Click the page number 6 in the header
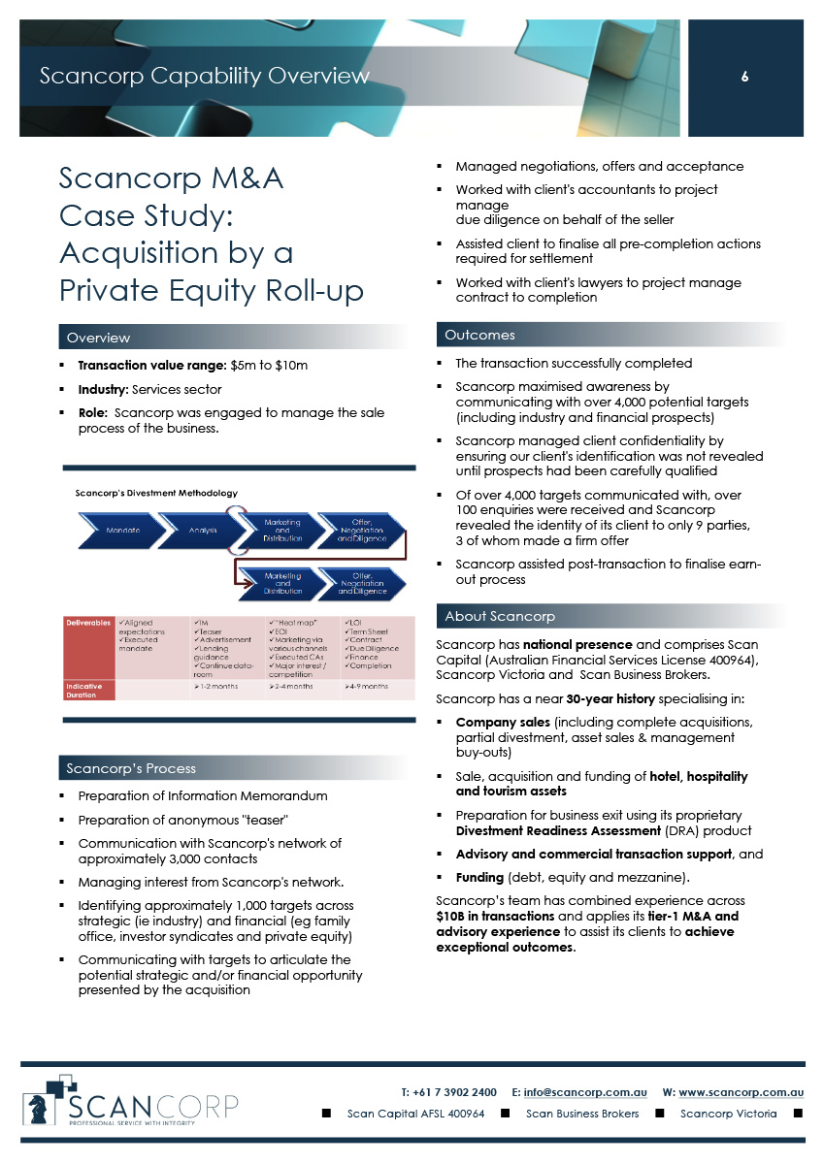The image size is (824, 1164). tap(744, 78)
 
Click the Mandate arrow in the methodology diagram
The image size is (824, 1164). tap(123, 531)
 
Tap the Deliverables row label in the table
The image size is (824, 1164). tap(87, 623)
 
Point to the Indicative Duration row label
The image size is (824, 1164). tap(83, 690)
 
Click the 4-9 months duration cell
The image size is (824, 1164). tap(367, 687)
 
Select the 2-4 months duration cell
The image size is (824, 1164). tap(291, 687)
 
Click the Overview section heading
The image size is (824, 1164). tap(98, 338)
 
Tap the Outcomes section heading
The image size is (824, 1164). tap(479, 335)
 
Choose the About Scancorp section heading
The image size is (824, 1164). tap(500, 616)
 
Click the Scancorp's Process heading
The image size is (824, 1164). tap(131, 768)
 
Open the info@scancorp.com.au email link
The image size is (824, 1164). tap(585, 1091)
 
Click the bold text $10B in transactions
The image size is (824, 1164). tap(495, 917)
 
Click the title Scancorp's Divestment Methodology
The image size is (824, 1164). tap(156, 493)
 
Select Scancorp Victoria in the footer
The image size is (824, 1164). tap(728, 1114)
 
